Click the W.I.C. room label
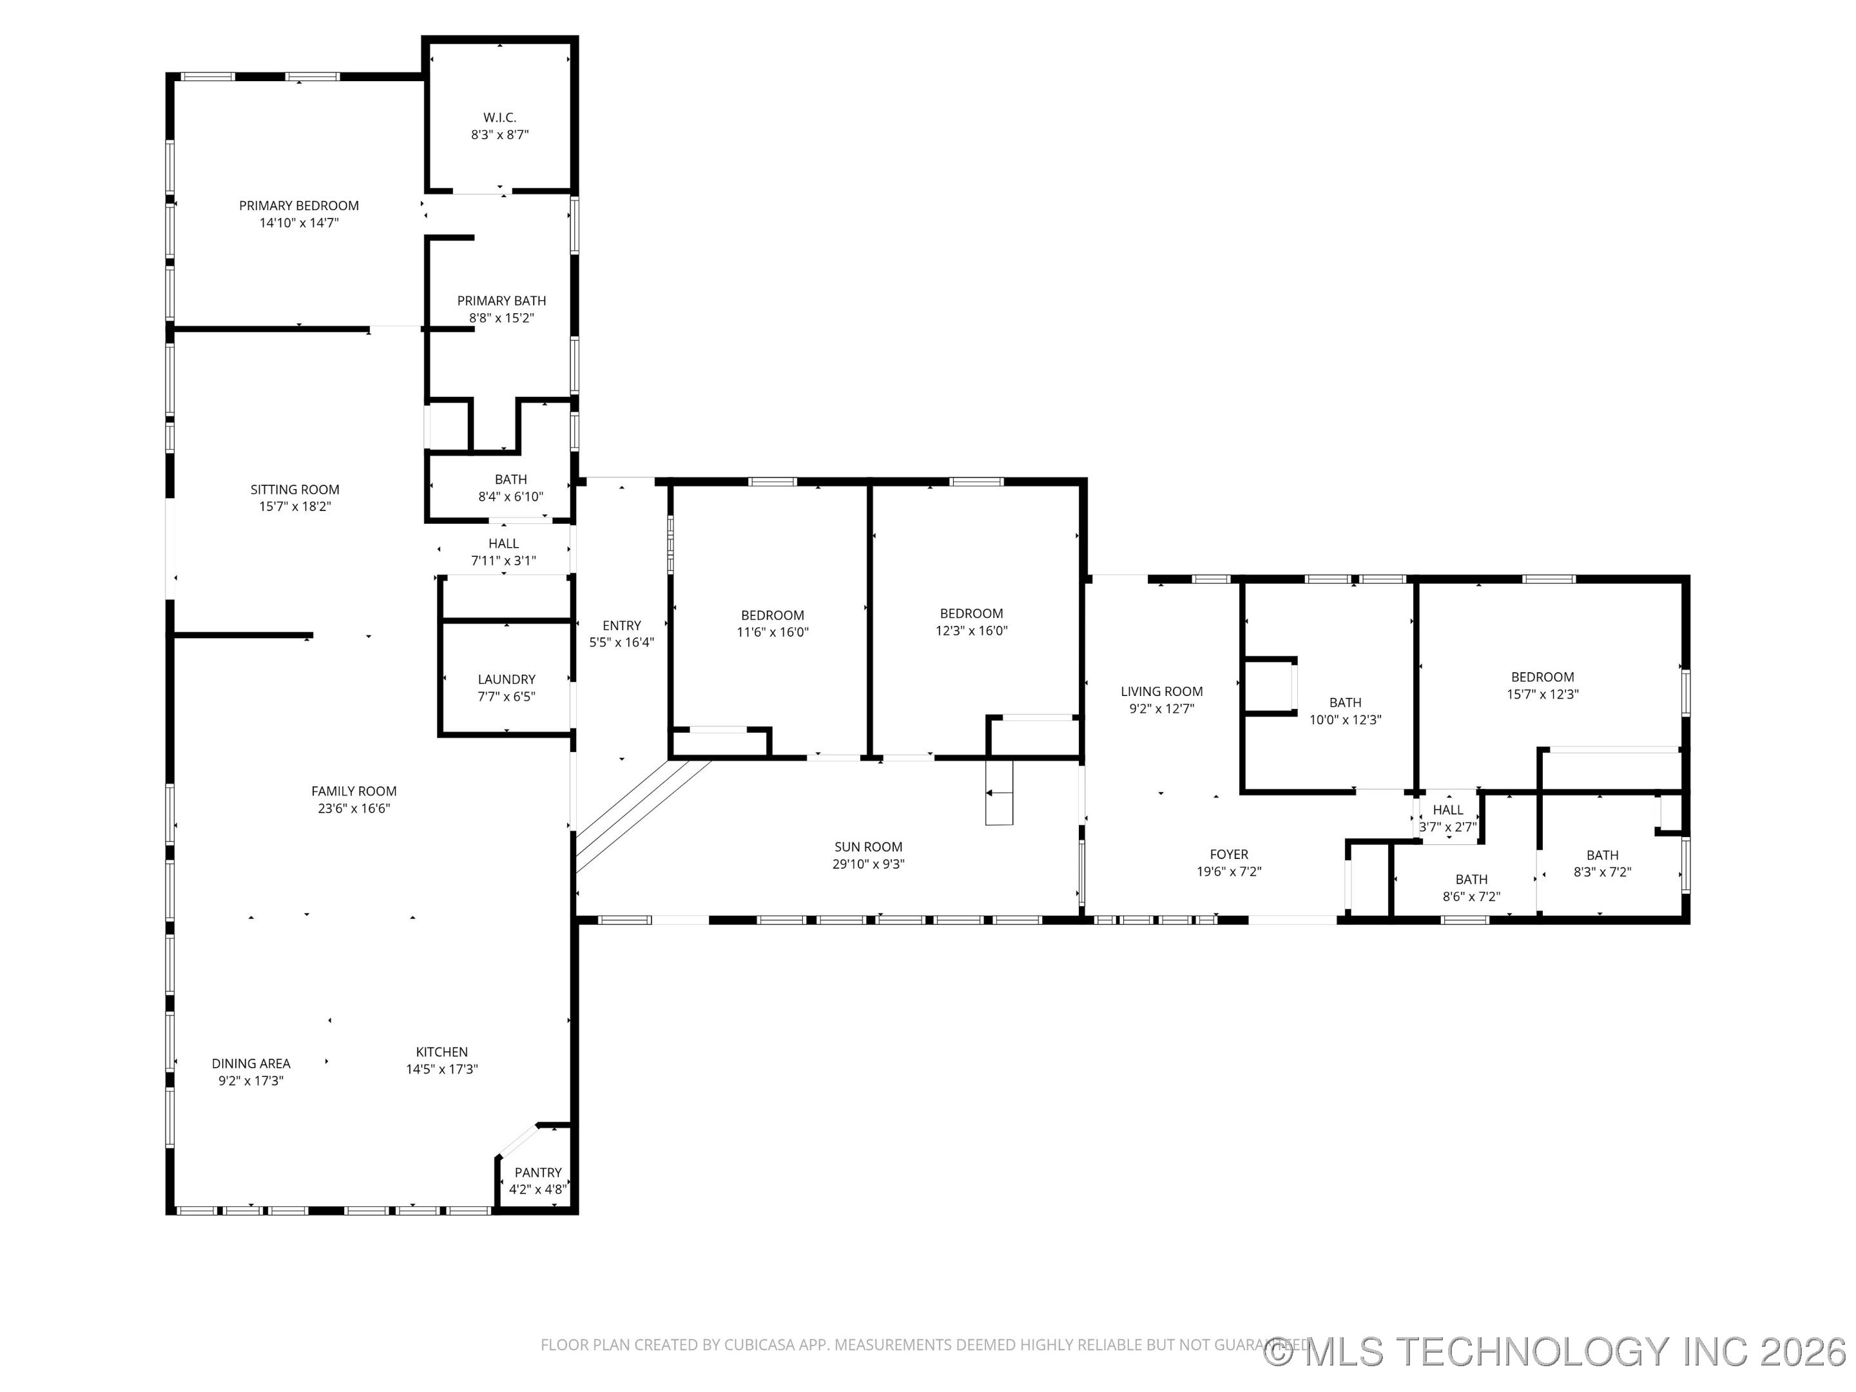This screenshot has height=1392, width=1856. [x=499, y=117]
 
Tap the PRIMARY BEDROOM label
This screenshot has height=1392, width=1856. [x=299, y=206]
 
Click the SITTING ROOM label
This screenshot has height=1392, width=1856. [x=295, y=489]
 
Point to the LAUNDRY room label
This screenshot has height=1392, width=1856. [x=506, y=679]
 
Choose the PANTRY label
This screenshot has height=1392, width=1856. [x=538, y=1172]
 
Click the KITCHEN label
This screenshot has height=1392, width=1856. [x=441, y=1051]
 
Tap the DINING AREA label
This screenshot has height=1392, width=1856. [x=251, y=1063]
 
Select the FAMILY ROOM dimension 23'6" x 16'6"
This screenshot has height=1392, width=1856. [x=353, y=808]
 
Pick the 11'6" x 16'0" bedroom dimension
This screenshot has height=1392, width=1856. [x=772, y=632]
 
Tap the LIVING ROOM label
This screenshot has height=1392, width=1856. [x=1161, y=691]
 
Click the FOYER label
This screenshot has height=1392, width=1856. [x=1228, y=854]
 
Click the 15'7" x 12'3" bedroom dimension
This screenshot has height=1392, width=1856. [x=1542, y=694]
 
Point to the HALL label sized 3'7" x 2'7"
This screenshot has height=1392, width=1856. [x=1447, y=809]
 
